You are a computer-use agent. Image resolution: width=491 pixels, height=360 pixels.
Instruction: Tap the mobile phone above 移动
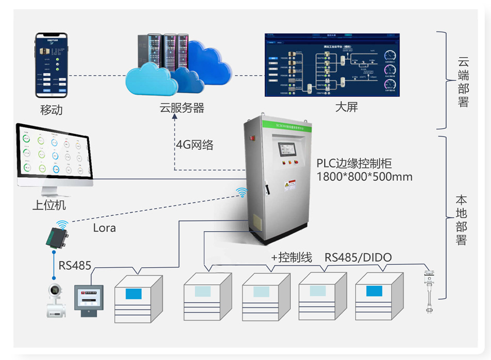(x=52, y=65)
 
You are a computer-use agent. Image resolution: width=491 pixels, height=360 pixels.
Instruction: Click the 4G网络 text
(x=195, y=145)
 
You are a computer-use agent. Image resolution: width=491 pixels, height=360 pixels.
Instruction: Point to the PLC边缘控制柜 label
(x=354, y=164)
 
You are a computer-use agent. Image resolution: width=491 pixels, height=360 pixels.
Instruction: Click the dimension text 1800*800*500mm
(x=364, y=177)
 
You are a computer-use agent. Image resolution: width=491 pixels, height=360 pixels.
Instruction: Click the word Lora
(x=105, y=227)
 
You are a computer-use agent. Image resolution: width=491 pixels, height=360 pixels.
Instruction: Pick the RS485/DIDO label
(x=358, y=258)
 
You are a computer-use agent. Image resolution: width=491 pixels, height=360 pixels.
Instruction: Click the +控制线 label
(x=291, y=258)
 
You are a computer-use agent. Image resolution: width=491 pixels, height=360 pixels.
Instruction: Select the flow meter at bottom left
(x=54, y=300)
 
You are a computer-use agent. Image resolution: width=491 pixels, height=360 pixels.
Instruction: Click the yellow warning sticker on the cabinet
(x=291, y=185)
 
